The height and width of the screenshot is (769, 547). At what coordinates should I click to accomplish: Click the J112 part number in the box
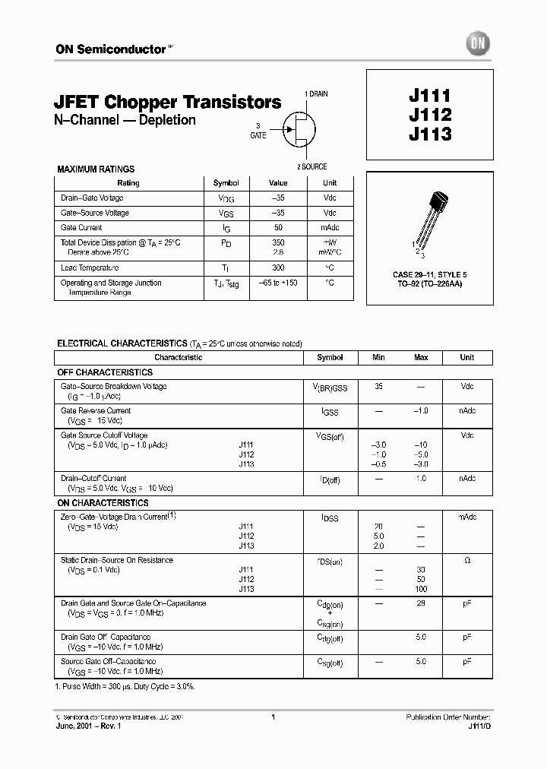[x=430, y=116]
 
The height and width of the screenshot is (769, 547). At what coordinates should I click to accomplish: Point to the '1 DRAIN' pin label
[x=317, y=93]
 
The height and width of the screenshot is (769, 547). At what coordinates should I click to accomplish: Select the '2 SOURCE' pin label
[x=311, y=166]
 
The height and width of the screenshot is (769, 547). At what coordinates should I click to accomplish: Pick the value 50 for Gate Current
[x=279, y=228]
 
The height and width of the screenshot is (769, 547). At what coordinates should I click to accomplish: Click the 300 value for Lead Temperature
[x=279, y=268]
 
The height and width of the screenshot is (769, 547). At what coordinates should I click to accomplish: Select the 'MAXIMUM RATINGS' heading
[x=96, y=169]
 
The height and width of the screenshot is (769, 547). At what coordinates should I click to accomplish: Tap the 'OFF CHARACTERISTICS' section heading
[x=105, y=372]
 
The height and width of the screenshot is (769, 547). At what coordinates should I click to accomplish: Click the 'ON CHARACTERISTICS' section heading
[x=103, y=503]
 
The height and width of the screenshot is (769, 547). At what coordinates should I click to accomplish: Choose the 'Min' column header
[x=378, y=357]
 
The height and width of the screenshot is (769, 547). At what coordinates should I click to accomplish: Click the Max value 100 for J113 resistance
[x=421, y=589]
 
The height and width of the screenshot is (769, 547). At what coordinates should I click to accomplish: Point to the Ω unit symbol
[x=466, y=561]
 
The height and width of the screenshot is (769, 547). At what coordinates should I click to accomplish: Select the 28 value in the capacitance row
[x=421, y=603]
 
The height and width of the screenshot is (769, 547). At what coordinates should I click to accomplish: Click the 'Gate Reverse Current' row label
[x=96, y=411]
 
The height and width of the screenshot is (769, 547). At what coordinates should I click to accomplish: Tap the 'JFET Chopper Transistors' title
[x=168, y=102]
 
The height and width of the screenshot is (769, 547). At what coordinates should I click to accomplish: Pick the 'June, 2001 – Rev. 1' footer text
[x=88, y=726]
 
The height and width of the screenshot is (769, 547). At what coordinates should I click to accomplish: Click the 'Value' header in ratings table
[x=279, y=183]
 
